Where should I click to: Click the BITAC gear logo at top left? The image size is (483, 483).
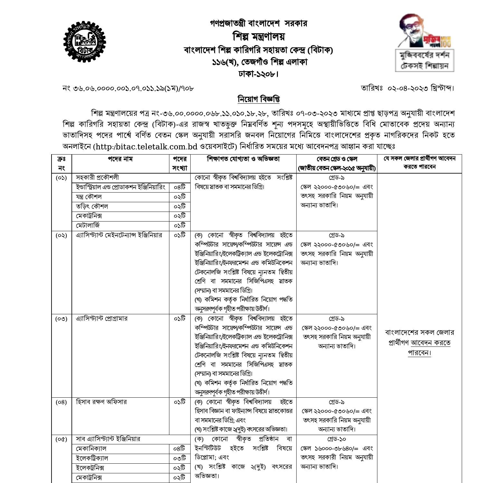pos(85,42)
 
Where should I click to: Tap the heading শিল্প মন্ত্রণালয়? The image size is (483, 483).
pos(259,36)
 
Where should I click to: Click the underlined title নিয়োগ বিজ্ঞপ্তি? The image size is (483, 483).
pos(259,99)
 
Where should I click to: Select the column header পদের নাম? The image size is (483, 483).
pos(120,159)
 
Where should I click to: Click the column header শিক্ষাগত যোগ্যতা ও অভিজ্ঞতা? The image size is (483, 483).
pos(243,159)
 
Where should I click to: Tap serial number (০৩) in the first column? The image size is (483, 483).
pos(61,319)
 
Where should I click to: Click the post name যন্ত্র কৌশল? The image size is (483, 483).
pos(89,197)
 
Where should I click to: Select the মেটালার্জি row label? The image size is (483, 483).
pos(88,225)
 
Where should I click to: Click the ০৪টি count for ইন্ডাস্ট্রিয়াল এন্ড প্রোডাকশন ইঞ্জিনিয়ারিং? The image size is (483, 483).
pos(179,187)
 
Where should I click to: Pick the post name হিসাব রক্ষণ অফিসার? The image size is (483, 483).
pos(101,402)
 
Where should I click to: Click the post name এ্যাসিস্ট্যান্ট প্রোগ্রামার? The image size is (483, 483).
pos(101,319)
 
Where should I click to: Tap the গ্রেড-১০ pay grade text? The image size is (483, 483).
pos(336,439)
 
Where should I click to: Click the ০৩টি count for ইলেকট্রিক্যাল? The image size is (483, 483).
pos(179,458)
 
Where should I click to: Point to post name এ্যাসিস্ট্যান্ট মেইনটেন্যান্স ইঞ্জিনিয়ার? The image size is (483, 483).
pos(119,235)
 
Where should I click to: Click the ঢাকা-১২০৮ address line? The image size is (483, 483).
pos(259,74)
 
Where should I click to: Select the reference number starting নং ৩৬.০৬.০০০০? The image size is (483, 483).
pos(128,88)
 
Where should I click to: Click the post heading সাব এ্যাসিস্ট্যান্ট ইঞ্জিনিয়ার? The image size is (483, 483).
pos(108,439)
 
